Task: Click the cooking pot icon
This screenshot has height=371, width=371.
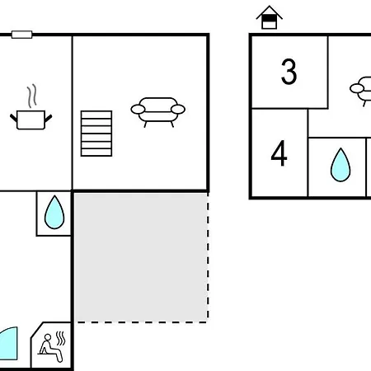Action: click(x=31, y=120)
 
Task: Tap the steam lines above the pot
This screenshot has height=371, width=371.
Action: click(x=32, y=96)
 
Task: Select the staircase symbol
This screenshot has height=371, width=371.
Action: click(x=96, y=134)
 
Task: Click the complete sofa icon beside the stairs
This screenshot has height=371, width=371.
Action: click(x=158, y=112)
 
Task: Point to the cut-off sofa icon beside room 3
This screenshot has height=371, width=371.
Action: click(x=360, y=92)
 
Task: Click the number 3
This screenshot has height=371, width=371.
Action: click(x=289, y=72)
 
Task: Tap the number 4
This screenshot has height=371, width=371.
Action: click(x=279, y=153)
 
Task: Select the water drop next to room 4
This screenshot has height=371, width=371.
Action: click(x=340, y=165)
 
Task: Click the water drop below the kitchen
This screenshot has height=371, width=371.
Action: click(x=54, y=212)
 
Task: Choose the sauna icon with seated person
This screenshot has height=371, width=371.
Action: click(x=52, y=347)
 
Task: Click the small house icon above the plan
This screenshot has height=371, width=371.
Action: click(x=270, y=17)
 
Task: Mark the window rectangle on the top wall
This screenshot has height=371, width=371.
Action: click(x=22, y=35)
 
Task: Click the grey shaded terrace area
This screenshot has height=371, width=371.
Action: click(x=141, y=257)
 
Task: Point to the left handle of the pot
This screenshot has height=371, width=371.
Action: click(x=13, y=118)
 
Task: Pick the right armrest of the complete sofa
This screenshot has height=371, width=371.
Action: click(x=178, y=109)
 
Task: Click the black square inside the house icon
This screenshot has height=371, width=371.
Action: click(x=269, y=18)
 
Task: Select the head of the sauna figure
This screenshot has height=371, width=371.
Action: click(x=48, y=337)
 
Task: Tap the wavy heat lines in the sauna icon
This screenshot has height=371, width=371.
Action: click(x=61, y=338)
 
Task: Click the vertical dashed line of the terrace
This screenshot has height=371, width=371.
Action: click(x=208, y=257)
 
